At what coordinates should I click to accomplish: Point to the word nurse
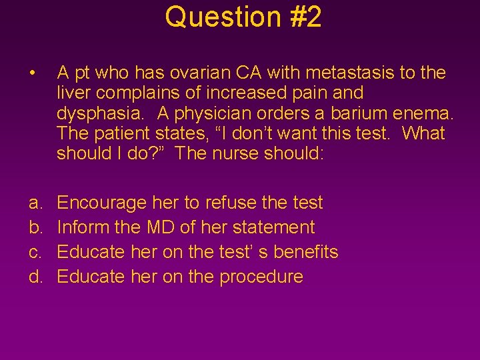[254, 153]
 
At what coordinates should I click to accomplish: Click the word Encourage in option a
[103, 203]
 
